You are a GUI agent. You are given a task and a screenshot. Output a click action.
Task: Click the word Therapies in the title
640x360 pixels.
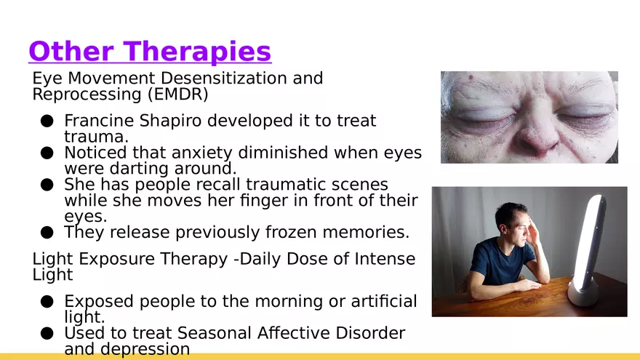[197, 52]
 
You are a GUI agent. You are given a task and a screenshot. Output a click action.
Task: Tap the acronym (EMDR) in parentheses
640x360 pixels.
[178, 95]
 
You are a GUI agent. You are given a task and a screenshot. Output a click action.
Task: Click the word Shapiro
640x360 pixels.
[171, 121]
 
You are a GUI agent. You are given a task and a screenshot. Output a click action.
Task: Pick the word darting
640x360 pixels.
[139, 169]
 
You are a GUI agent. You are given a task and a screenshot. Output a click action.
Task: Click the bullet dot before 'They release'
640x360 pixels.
[47, 233]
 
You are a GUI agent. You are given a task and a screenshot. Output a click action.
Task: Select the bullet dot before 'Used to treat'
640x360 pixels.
[47, 334]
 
